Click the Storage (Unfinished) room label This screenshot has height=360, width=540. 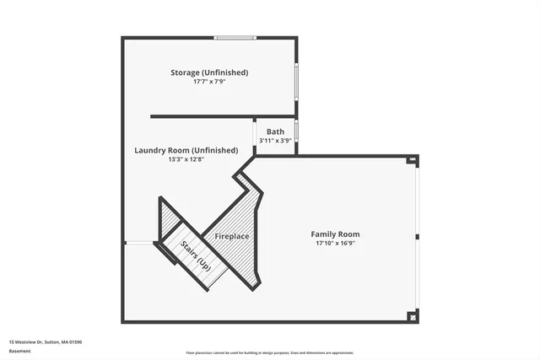pyautogui.click(x=209, y=73)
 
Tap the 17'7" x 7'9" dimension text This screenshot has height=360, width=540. pyautogui.click(x=209, y=82)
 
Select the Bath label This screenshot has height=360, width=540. pyautogui.click(x=275, y=132)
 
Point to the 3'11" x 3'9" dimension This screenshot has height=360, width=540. pyautogui.click(x=275, y=141)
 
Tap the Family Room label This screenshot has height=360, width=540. pyautogui.click(x=335, y=234)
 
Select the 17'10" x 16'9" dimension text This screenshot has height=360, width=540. pyautogui.click(x=335, y=243)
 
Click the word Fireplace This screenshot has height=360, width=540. pyautogui.click(x=232, y=236)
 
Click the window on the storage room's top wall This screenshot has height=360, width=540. pyautogui.click(x=235, y=37)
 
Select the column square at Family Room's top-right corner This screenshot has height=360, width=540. pyautogui.click(x=413, y=159)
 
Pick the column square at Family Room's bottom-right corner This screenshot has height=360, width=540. pyautogui.click(x=413, y=317)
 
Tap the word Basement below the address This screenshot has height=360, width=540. pyautogui.click(x=19, y=351)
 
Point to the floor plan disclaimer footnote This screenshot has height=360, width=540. pyautogui.click(x=270, y=353)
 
